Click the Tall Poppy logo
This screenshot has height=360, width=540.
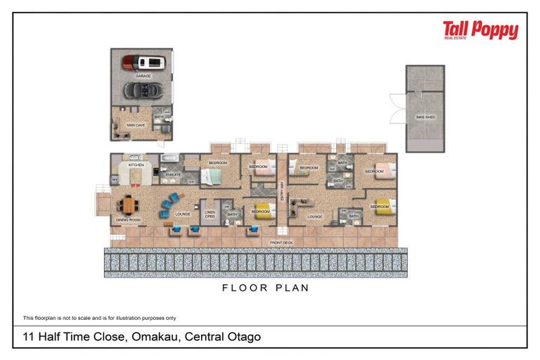[x=480, y=30]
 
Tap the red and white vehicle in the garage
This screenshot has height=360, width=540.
[x=144, y=62]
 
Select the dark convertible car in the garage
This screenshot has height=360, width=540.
[x=143, y=90]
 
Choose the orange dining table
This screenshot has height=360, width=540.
[x=129, y=204]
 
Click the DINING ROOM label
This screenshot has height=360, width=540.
[x=128, y=220]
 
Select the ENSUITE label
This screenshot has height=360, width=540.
[x=173, y=174]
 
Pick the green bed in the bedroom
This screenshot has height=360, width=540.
[x=214, y=176]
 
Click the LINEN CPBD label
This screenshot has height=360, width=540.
[x=210, y=214]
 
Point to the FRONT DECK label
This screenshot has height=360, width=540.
[x=281, y=243]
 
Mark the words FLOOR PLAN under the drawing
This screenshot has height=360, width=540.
[x=266, y=288]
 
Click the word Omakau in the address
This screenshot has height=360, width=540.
[x=154, y=337]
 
